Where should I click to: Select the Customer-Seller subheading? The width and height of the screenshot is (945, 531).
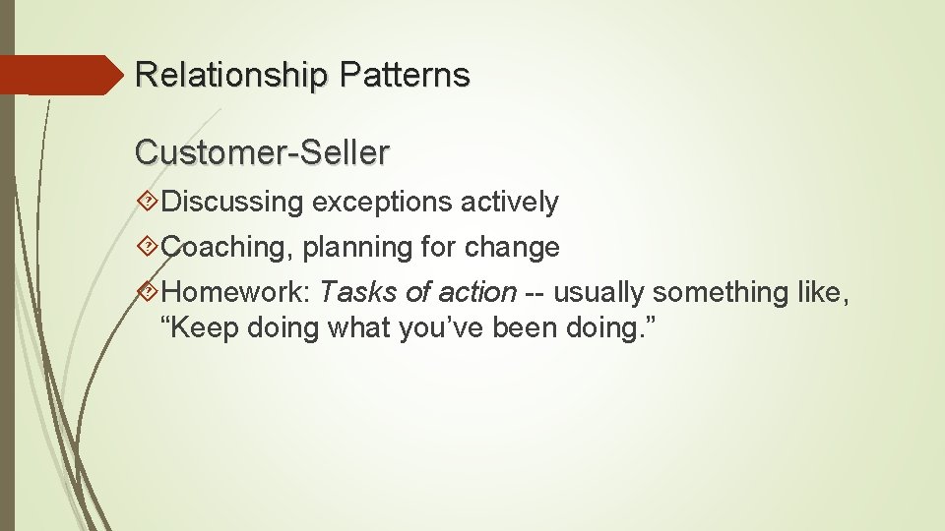262,152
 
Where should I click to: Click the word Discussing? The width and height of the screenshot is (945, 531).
233,204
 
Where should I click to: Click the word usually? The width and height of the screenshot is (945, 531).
598,293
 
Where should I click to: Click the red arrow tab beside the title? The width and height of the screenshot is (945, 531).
59,75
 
